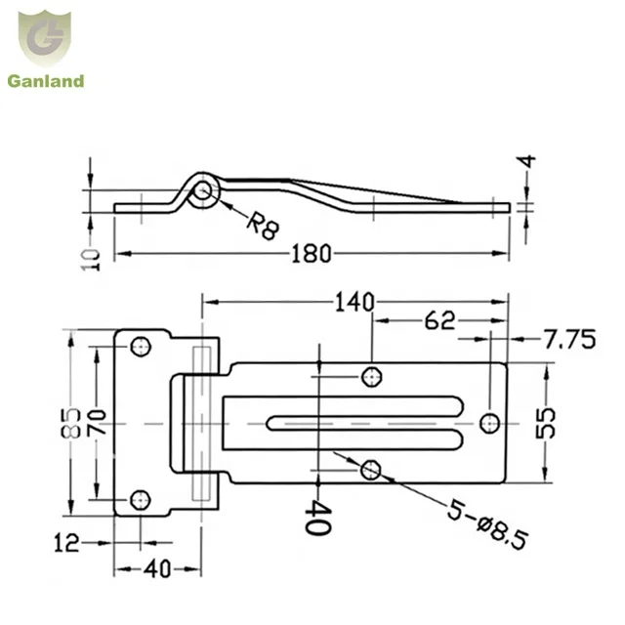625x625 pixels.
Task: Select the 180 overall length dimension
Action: coord(312,254)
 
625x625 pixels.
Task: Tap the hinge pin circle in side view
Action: coord(203,191)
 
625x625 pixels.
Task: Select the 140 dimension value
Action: coord(353,303)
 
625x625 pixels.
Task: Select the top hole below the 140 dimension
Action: coord(371,376)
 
